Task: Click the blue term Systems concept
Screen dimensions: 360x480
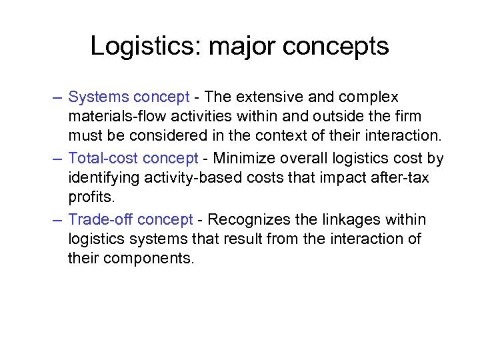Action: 129,97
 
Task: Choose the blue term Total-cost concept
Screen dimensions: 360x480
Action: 133,159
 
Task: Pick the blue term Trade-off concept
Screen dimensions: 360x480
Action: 131,220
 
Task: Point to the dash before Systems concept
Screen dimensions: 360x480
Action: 58,97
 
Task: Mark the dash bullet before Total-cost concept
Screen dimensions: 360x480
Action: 58,159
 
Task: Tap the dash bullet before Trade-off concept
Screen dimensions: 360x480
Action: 58,220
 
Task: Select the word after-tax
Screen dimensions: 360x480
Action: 403,179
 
